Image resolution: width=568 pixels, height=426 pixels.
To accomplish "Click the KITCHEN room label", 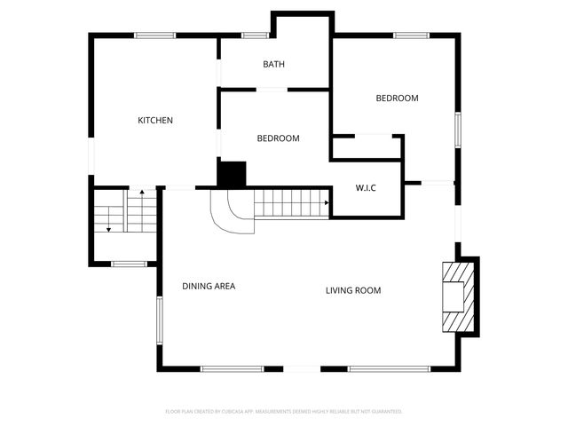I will (154, 121).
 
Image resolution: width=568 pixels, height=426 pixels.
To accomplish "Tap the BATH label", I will (273, 64).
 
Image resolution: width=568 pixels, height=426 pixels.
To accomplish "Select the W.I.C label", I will (367, 187).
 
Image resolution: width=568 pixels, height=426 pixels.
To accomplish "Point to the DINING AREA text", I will (208, 286).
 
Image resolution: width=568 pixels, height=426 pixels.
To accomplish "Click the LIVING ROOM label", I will (352, 290).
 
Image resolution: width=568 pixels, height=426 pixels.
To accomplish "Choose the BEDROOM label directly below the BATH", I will (278, 138).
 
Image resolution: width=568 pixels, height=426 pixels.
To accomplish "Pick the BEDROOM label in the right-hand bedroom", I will (397, 99).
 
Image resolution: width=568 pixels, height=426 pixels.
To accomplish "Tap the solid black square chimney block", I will (232, 174).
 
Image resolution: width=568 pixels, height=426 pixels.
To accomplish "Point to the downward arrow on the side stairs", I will (108, 228).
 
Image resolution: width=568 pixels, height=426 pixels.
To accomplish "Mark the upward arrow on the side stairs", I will (141, 192).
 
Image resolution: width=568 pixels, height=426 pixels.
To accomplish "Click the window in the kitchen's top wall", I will (154, 35).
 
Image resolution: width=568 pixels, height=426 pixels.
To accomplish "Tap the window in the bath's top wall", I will (256, 35).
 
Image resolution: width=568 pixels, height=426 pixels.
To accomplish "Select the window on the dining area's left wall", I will (160, 319).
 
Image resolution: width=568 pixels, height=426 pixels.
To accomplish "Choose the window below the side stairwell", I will (129, 263).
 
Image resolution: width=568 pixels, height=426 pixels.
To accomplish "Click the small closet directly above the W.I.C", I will (367, 147).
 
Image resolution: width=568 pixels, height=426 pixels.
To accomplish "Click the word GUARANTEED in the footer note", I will (385, 412).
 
